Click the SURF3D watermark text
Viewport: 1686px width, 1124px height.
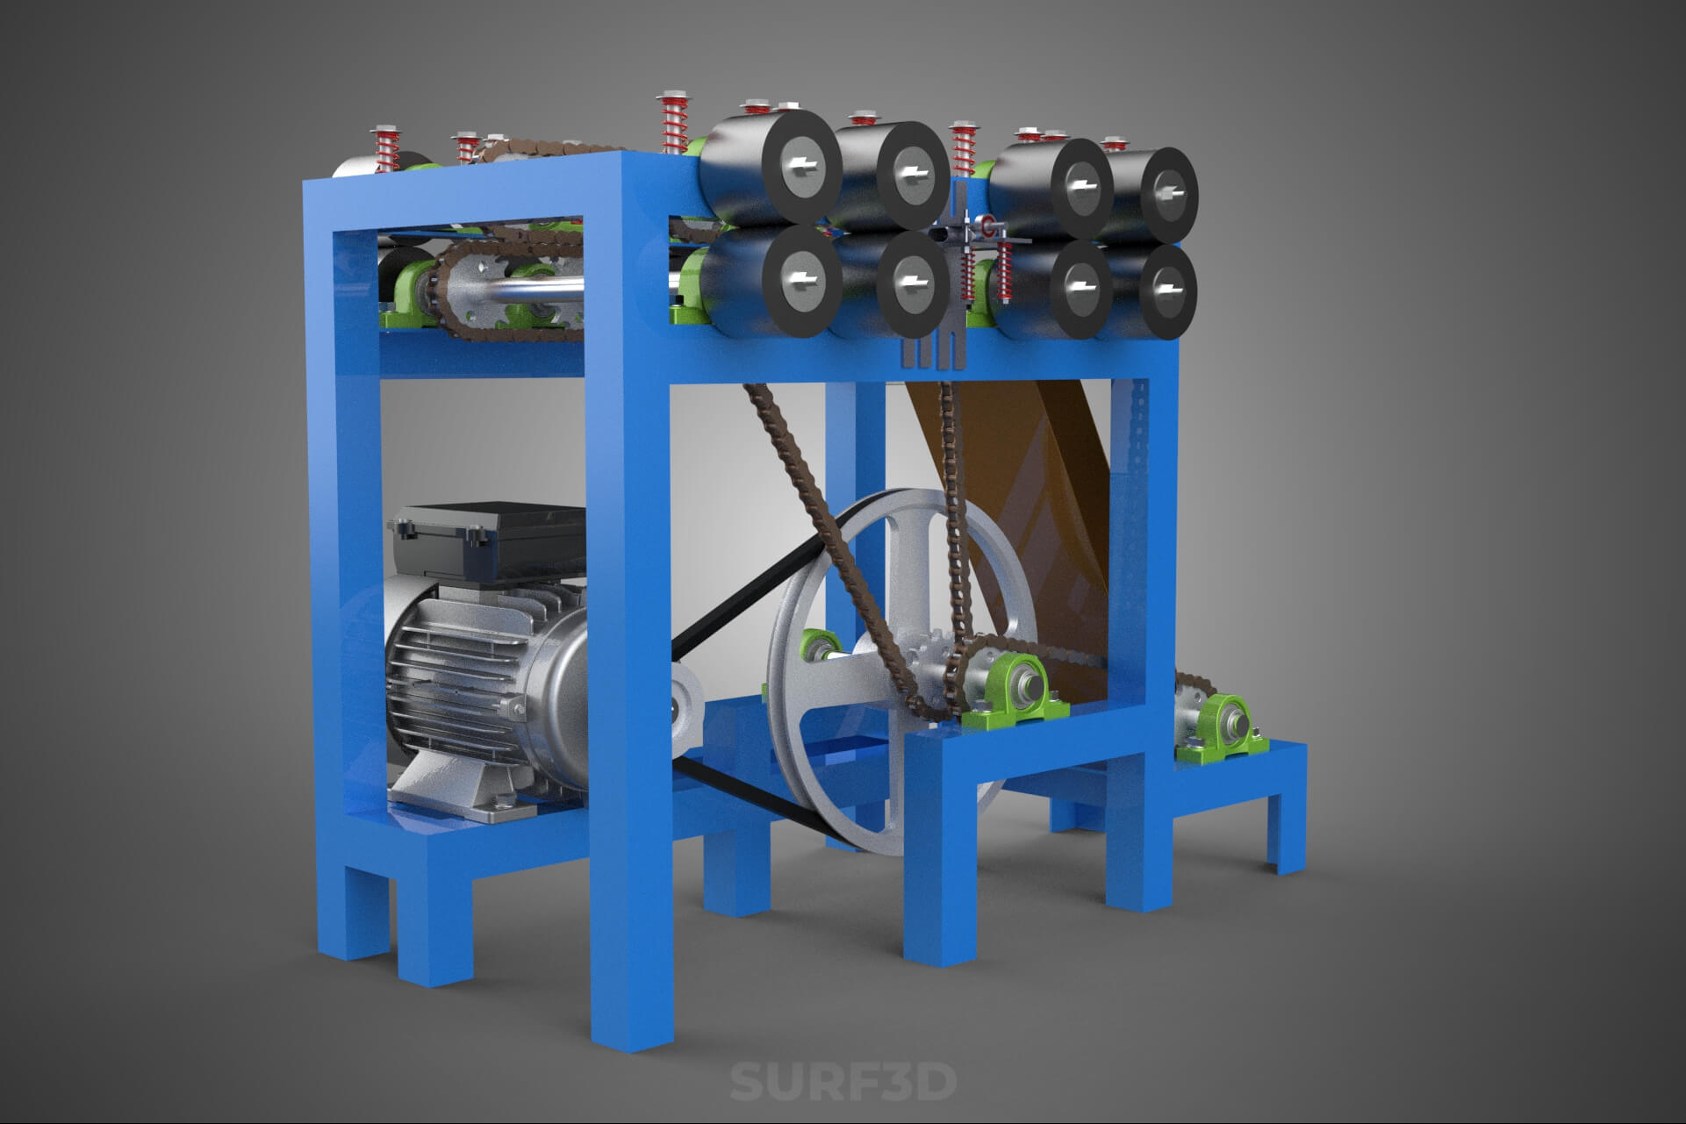pyautogui.click(x=843, y=1082)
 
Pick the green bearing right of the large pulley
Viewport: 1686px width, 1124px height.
pyautogui.click(x=1018, y=693)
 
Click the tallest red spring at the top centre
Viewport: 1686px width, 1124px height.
pyautogui.click(x=674, y=123)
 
